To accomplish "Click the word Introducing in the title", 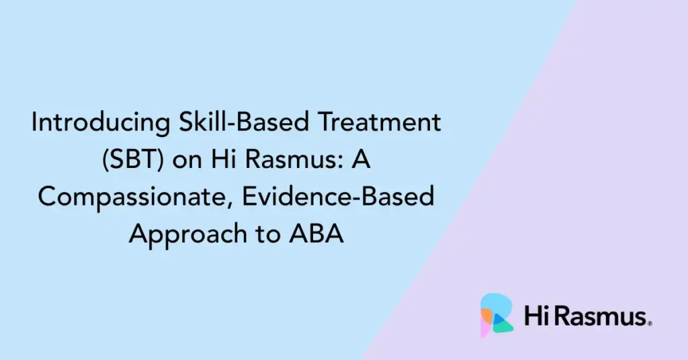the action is pyautogui.click(x=101, y=123).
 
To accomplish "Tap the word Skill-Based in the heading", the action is pyautogui.click(x=244, y=122).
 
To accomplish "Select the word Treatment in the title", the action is pyautogui.click(x=379, y=122).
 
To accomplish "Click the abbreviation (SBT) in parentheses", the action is pyautogui.click(x=133, y=160).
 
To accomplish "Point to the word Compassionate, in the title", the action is pyautogui.click(x=136, y=197).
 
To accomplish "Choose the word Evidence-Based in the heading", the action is pyautogui.click(x=338, y=196).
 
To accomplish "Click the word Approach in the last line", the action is pyautogui.click(x=188, y=234).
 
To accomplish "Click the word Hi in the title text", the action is pyautogui.click(x=220, y=159).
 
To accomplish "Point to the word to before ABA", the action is pyautogui.click(x=268, y=235).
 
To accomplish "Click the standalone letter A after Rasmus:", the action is pyautogui.click(x=361, y=159).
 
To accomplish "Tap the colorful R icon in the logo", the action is pyautogui.click(x=497, y=314).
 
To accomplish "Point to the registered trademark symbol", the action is pyautogui.click(x=650, y=324).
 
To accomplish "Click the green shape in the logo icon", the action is pyautogui.click(x=505, y=325).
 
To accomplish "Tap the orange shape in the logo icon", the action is pyautogui.click(x=486, y=315).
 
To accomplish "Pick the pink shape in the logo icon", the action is pyautogui.click(x=485, y=329).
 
